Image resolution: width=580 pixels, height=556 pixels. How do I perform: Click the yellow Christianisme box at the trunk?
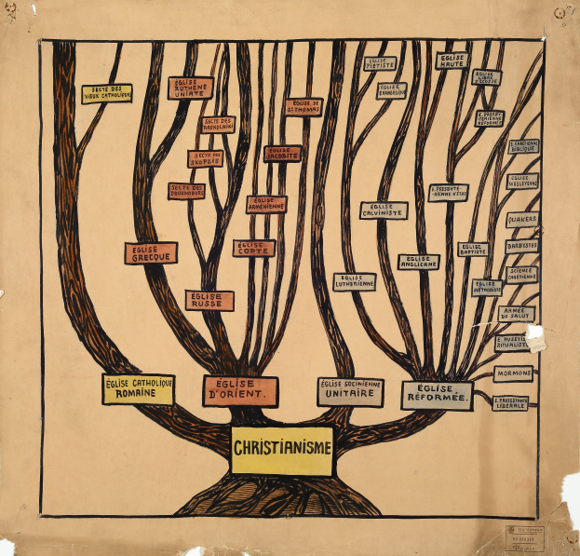(282, 449)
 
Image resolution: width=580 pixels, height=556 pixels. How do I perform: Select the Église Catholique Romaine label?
(138, 388)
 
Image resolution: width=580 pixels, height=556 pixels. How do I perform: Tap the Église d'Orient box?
(240, 390)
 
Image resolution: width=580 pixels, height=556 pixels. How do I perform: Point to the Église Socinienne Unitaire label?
(350, 391)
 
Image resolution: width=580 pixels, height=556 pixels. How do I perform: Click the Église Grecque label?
(150, 252)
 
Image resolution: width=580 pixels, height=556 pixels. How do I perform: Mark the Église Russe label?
(209, 300)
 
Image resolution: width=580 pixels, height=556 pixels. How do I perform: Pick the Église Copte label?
(253, 248)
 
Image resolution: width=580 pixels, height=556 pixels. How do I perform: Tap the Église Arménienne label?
(266, 204)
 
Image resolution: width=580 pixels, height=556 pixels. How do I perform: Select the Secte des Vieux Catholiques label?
(106, 93)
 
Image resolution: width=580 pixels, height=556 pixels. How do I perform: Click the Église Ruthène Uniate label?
(190, 88)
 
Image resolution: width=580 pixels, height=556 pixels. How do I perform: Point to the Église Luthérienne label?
(354, 281)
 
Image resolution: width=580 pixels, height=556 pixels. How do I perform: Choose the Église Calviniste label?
(384, 210)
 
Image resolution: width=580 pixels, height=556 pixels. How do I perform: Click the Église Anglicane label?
(418, 262)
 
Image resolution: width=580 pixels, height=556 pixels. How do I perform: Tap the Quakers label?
(521, 220)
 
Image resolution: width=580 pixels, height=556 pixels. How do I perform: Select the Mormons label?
(513, 373)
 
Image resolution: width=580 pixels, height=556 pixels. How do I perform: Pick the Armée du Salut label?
(516, 313)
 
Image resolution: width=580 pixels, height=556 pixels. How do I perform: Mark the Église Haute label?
(452, 61)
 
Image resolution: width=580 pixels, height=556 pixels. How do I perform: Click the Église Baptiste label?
(473, 250)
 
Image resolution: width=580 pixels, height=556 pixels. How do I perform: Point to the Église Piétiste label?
(379, 63)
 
